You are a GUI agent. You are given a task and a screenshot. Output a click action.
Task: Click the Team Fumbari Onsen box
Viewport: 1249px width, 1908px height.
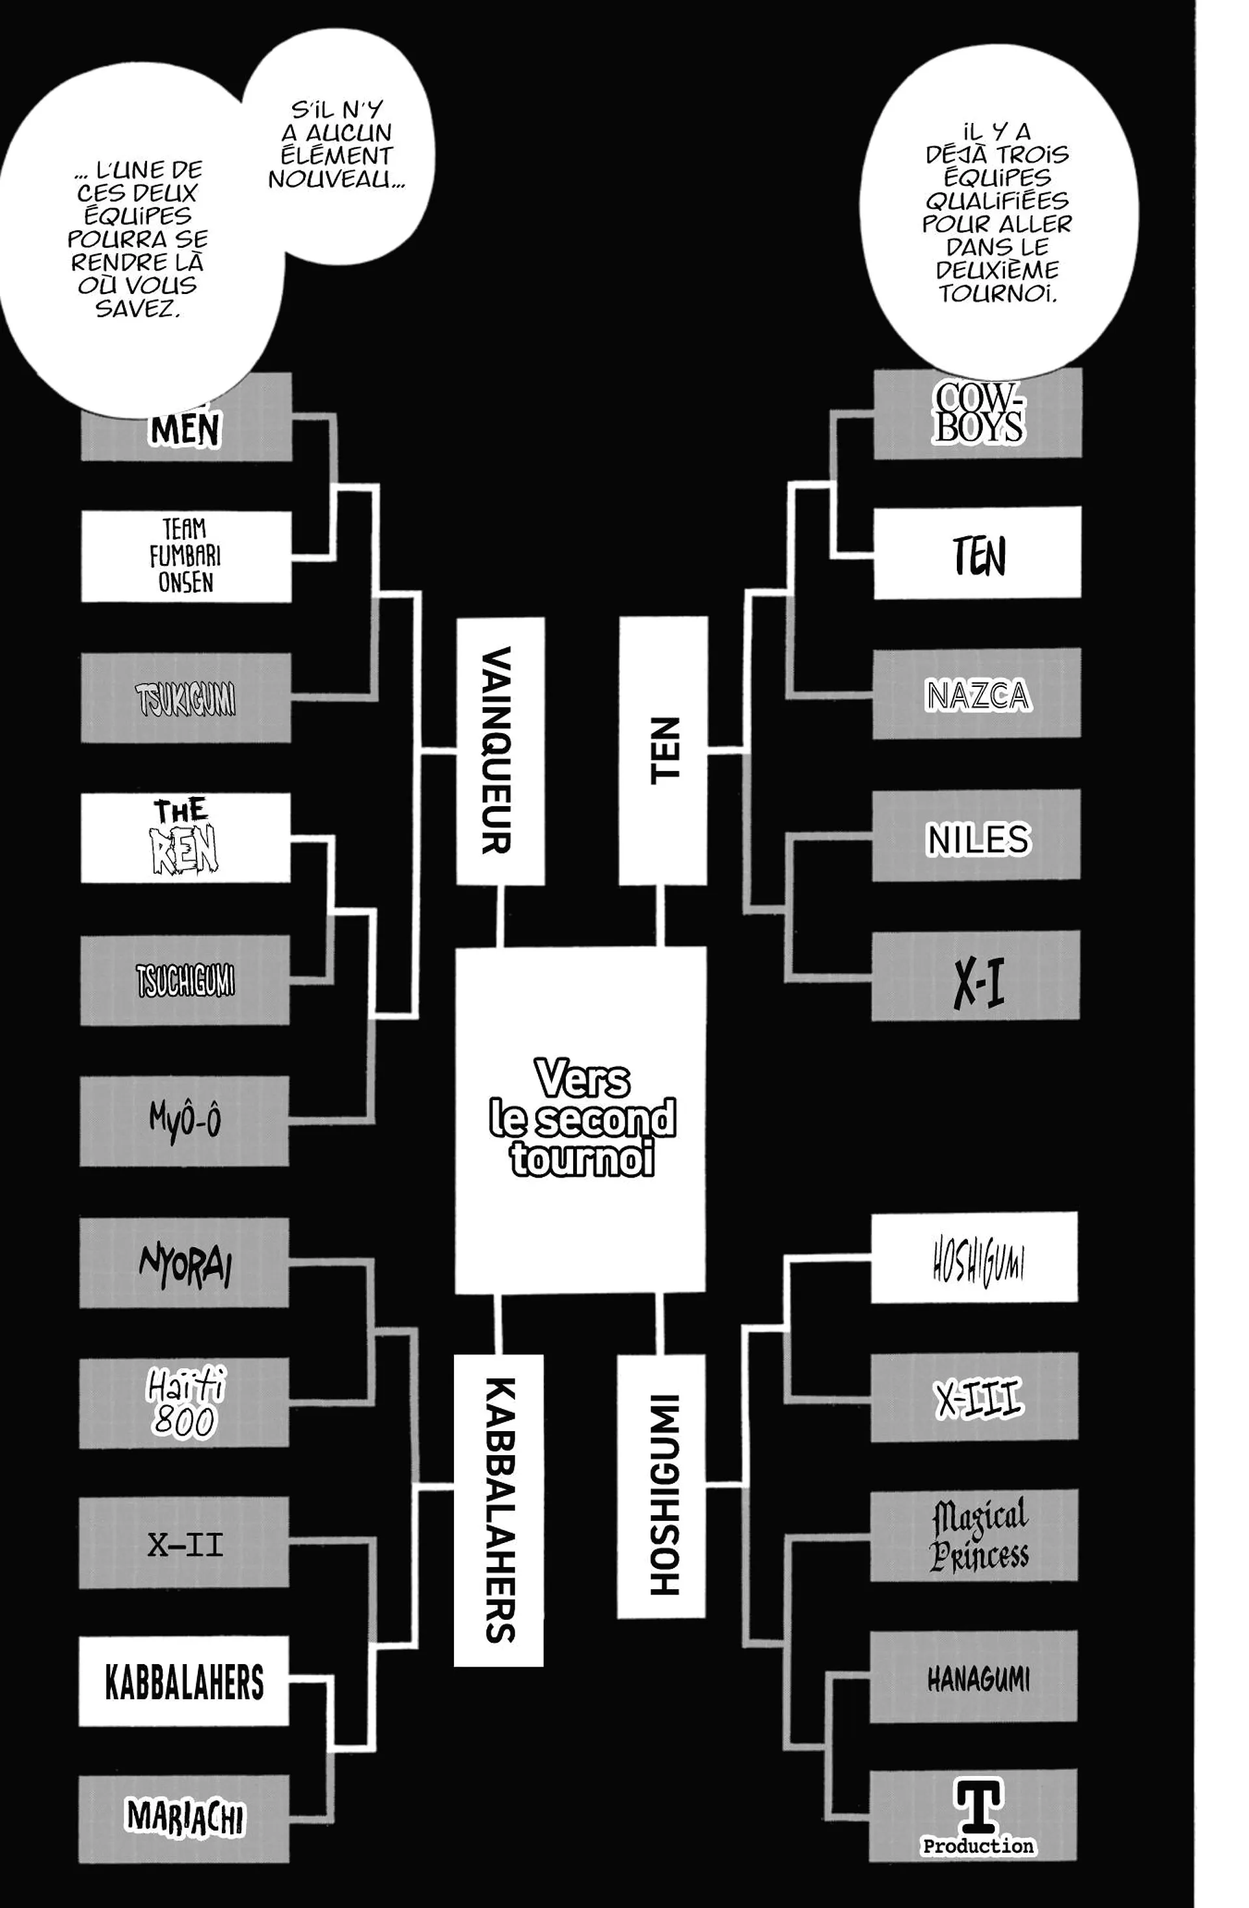click(186, 556)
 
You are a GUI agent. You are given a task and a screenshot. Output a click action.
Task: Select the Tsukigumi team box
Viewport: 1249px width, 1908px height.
click(186, 697)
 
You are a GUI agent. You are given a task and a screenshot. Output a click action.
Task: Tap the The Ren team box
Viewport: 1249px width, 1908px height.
click(185, 838)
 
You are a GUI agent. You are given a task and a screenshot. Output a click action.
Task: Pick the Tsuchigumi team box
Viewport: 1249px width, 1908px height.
click(185, 980)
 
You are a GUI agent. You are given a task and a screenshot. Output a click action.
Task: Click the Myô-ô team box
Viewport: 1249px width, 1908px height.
click(184, 1120)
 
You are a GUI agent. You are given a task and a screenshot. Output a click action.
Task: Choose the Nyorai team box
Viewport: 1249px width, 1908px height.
click(184, 1263)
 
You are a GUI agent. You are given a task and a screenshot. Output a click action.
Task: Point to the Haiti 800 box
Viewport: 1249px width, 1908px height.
click(184, 1403)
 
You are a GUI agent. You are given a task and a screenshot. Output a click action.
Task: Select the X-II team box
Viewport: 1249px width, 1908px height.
click(184, 1543)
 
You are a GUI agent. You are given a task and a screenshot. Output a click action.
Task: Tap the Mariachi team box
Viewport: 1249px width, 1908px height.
click(184, 1818)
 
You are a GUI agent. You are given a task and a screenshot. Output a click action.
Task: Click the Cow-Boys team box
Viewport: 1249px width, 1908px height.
click(977, 414)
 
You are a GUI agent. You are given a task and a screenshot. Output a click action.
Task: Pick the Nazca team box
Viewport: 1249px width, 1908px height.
click(976, 693)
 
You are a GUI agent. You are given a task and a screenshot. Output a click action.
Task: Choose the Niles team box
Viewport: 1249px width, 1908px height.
click(976, 836)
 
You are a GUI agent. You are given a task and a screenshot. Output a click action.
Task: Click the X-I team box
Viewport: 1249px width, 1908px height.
click(976, 976)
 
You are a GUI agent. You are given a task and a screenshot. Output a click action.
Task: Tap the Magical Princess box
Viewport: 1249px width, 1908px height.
click(974, 1536)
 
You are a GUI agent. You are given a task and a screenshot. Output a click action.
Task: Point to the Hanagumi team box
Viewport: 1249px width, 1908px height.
click(974, 1677)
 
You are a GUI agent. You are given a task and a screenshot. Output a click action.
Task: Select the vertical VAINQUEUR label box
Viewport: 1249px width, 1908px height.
click(500, 751)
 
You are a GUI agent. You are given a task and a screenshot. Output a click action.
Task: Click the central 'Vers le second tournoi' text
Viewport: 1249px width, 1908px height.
click(581, 1118)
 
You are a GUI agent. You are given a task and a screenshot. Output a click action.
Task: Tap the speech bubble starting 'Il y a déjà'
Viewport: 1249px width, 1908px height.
click(997, 213)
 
